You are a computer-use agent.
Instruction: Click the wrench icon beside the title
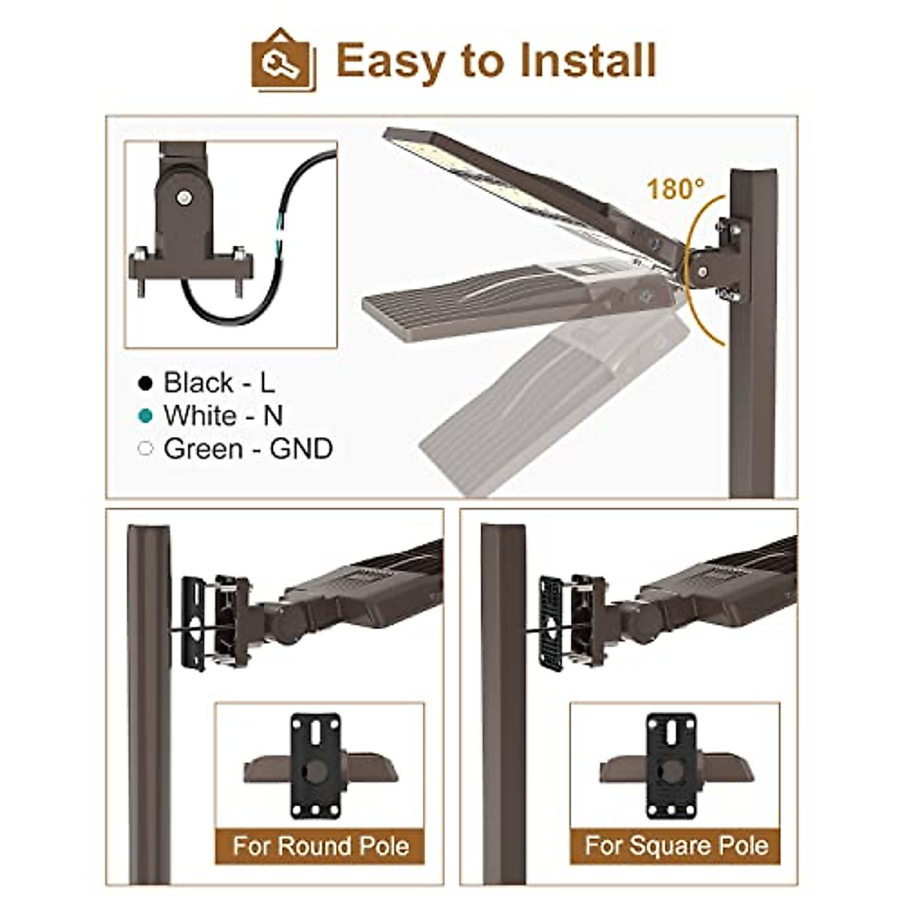coord(283,60)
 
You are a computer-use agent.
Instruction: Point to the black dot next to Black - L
coord(146,384)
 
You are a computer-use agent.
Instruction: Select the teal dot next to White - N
coord(146,416)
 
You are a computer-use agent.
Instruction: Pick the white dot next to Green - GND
coord(146,449)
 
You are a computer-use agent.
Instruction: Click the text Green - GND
coord(248,449)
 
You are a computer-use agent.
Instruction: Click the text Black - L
coord(219,383)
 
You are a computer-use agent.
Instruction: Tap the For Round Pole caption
coord(321,845)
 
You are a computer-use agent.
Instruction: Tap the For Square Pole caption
coord(676,845)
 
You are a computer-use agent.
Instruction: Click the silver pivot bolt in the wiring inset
coord(183,198)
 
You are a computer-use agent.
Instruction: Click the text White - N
coord(223,416)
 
